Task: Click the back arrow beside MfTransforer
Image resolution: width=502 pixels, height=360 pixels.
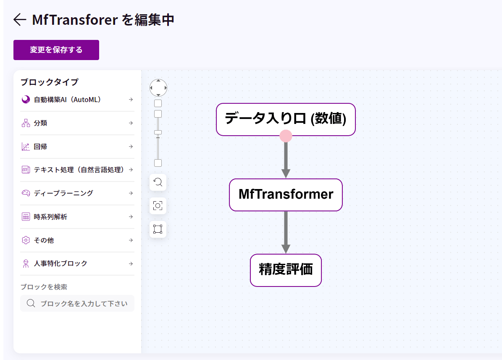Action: click(x=20, y=20)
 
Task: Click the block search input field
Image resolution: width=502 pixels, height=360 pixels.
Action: click(x=84, y=303)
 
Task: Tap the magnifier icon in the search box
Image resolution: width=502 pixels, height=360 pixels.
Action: click(x=31, y=303)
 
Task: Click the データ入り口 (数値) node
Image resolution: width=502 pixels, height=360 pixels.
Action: click(x=286, y=119)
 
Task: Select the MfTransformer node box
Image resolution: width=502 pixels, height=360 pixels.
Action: click(x=286, y=194)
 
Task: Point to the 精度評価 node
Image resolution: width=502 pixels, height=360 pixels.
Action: click(x=286, y=270)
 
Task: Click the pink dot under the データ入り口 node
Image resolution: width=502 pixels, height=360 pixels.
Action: click(x=286, y=136)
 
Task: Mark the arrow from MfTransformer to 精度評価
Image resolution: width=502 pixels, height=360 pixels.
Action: click(x=286, y=232)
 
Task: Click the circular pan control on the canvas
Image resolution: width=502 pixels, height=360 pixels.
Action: click(x=158, y=88)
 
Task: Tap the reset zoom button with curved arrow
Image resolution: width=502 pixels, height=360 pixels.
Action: click(x=158, y=182)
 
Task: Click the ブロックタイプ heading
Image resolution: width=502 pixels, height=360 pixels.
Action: click(x=49, y=82)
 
